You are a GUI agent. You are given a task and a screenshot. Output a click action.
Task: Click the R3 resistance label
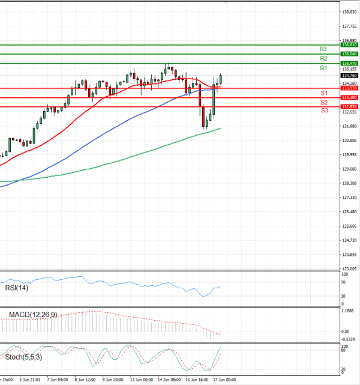(x=323, y=49)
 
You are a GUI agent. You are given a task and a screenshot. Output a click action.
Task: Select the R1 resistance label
(x=323, y=68)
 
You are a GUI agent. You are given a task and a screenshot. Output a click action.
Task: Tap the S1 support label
(x=323, y=93)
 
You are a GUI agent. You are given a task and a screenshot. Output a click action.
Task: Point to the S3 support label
(x=324, y=111)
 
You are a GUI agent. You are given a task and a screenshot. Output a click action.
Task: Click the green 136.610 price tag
(x=349, y=45)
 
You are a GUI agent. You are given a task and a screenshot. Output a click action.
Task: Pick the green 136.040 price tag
(x=349, y=54)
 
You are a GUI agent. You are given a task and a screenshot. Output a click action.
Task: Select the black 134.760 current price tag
(x=349, y=76)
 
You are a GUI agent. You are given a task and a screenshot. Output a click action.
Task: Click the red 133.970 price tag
(x=349, y=88)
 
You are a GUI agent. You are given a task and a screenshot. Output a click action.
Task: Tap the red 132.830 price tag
(x=349, y=106)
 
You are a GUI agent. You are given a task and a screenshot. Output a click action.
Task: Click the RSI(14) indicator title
(x=17, y=288)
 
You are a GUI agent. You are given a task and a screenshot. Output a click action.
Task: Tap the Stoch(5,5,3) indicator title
(x=23, y=358)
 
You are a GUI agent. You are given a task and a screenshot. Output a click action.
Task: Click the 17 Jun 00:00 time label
(x=225, y=380)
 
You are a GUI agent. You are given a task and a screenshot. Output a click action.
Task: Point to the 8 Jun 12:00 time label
(x=85, y=380)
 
